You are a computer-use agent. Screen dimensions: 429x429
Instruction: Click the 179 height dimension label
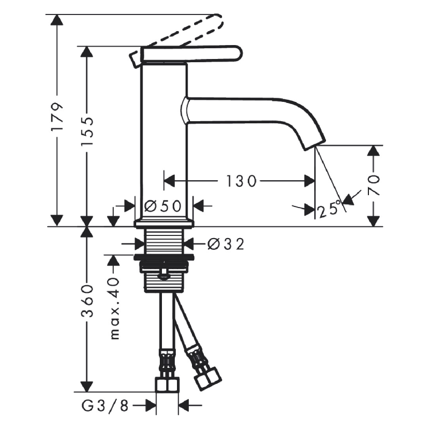[57, 117]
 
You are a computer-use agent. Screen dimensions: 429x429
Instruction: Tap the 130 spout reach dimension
[242, 181]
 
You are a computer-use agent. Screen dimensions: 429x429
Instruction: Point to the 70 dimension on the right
[374, 185]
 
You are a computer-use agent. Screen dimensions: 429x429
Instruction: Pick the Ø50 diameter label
[163, 206]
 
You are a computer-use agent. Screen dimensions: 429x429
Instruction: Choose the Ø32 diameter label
[226, 244]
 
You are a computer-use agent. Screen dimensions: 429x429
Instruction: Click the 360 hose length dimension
[87, 300]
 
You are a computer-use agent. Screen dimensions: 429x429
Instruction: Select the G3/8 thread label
[105, 406]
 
